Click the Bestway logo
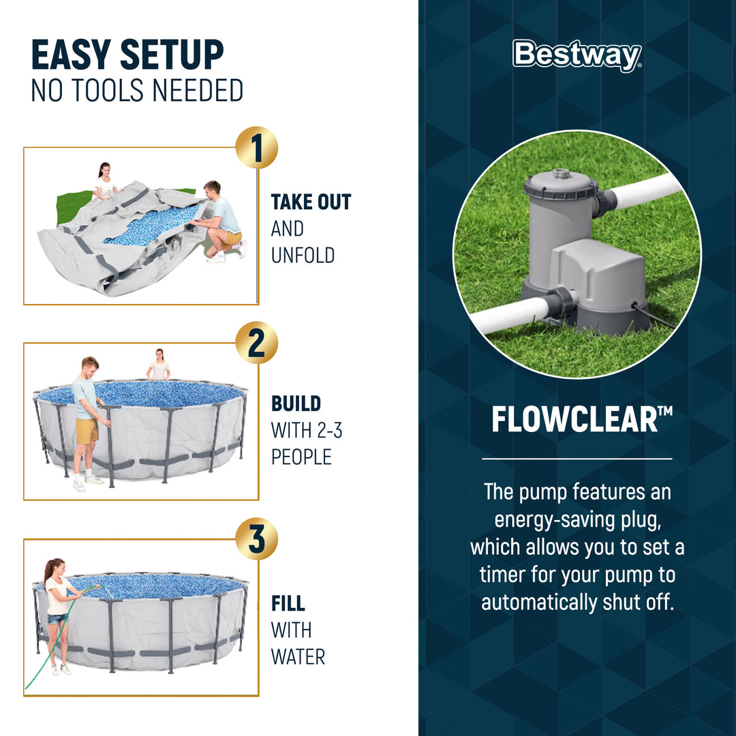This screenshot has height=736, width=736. click(577, 55)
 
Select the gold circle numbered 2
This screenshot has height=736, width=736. click(256, 343)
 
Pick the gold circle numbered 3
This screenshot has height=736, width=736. click(256, 538)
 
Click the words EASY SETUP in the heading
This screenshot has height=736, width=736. click(127, 56)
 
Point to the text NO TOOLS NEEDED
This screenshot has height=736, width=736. click(137, 91)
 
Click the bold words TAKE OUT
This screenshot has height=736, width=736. click(311, 202)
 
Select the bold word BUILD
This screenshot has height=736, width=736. click(296, 403)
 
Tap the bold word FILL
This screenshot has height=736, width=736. click(288, 604)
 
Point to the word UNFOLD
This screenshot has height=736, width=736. click(303, 256)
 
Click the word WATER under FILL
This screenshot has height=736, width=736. click(298, 657)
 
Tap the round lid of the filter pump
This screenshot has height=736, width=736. click(560, 183)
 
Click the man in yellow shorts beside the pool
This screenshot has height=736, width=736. click(87, 423)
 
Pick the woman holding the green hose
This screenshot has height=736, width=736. click(57, 613)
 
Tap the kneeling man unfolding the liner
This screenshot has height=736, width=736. click(221, 221)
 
